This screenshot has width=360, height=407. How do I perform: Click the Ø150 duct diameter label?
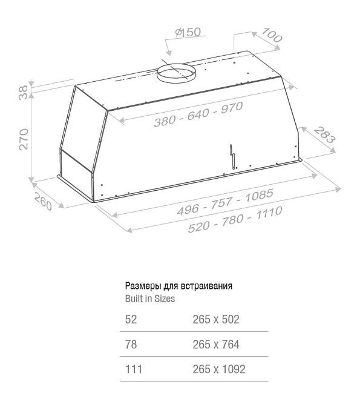(188, 32)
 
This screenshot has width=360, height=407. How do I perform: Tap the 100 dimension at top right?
(272, 35)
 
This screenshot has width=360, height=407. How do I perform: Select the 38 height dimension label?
(24, 93)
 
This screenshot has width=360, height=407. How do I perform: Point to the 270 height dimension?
(24, 139)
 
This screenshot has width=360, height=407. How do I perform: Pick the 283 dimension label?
(324, 134)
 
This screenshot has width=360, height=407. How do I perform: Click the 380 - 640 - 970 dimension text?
(198, 114)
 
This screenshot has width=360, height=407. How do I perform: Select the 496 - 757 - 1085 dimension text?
(225, 202)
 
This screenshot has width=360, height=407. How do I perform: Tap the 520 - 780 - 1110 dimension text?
(235, 219)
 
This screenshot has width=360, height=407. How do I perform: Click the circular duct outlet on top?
(176, 73)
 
